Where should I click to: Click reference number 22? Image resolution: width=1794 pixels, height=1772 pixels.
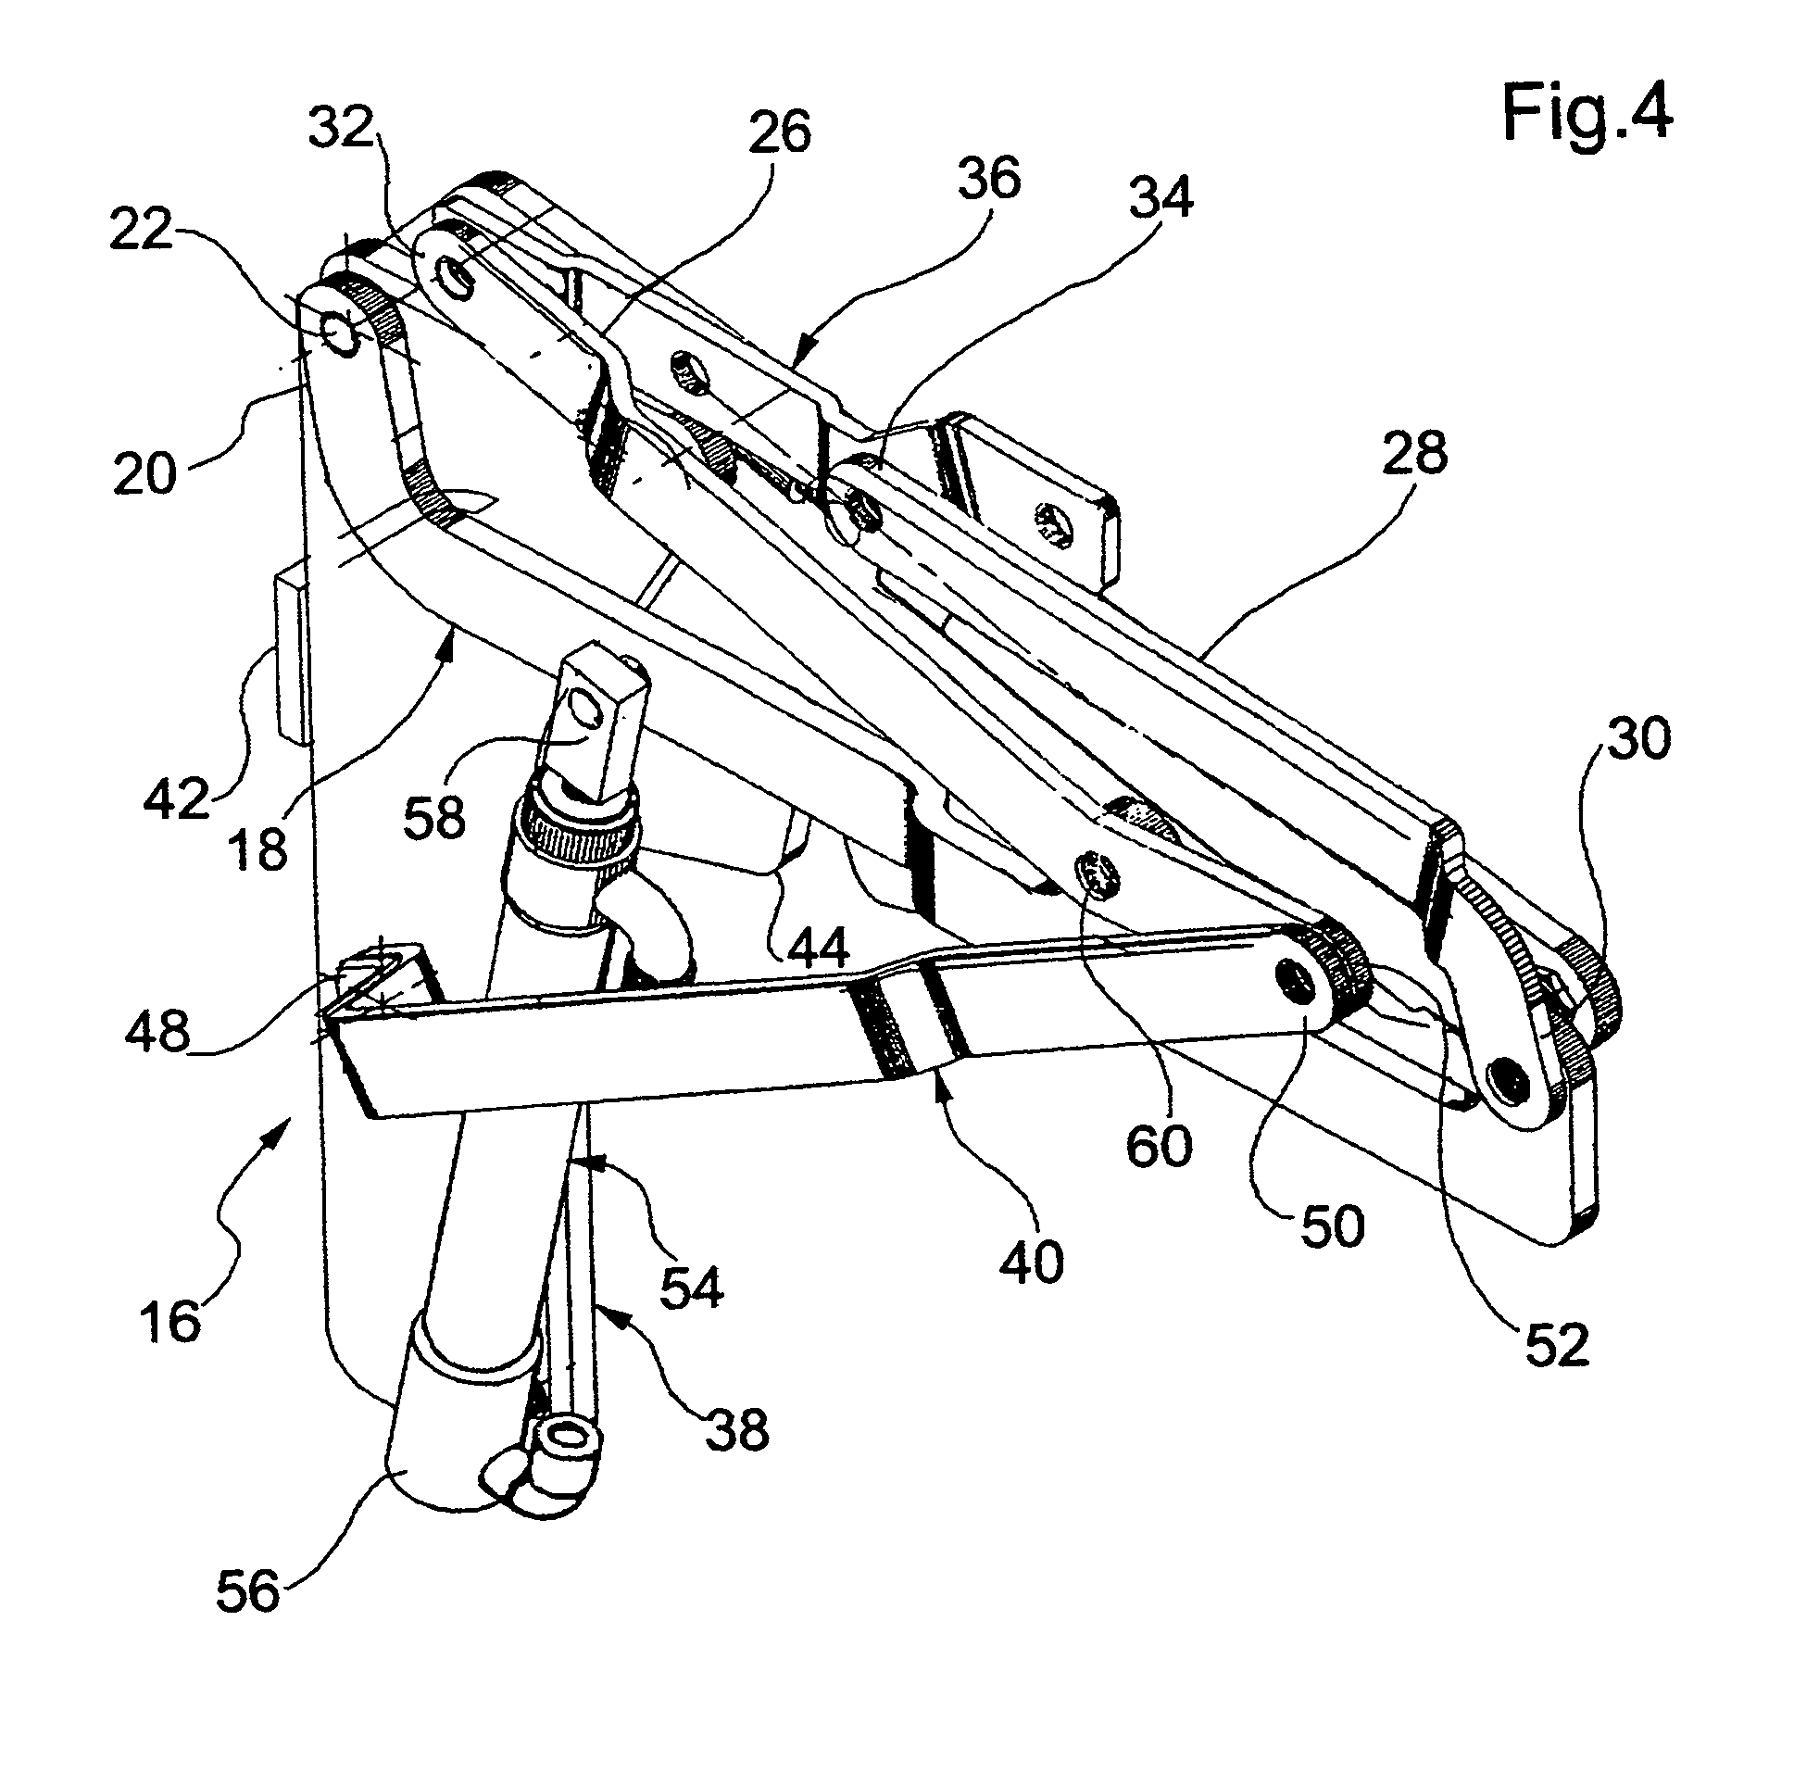140,231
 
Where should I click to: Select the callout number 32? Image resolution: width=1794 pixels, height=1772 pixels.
340,127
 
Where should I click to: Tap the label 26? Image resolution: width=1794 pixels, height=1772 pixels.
780,132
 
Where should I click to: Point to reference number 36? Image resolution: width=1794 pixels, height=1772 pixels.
989,178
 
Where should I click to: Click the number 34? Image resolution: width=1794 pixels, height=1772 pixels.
1160,198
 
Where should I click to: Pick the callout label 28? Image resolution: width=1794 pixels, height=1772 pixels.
1414,454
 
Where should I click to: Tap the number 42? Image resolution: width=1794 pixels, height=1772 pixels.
176,798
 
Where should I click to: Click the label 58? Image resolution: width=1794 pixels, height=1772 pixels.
434,818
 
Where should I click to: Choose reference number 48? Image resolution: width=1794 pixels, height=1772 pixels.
157,1030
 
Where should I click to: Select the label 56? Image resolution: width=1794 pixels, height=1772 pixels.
247,1590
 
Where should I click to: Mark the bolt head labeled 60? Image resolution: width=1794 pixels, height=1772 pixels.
1098,874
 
